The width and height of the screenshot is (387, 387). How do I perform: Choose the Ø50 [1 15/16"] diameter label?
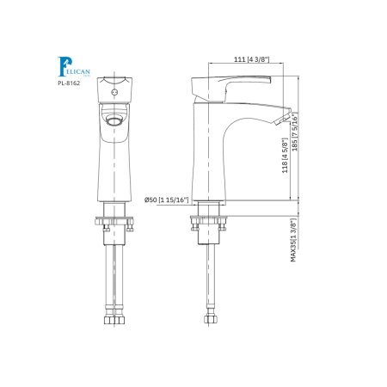point(162,200)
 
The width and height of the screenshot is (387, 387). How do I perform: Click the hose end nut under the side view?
point(207,319)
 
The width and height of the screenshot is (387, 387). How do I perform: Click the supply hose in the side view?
point(207,275)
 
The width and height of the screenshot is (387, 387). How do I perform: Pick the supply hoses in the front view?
point(112,275)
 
